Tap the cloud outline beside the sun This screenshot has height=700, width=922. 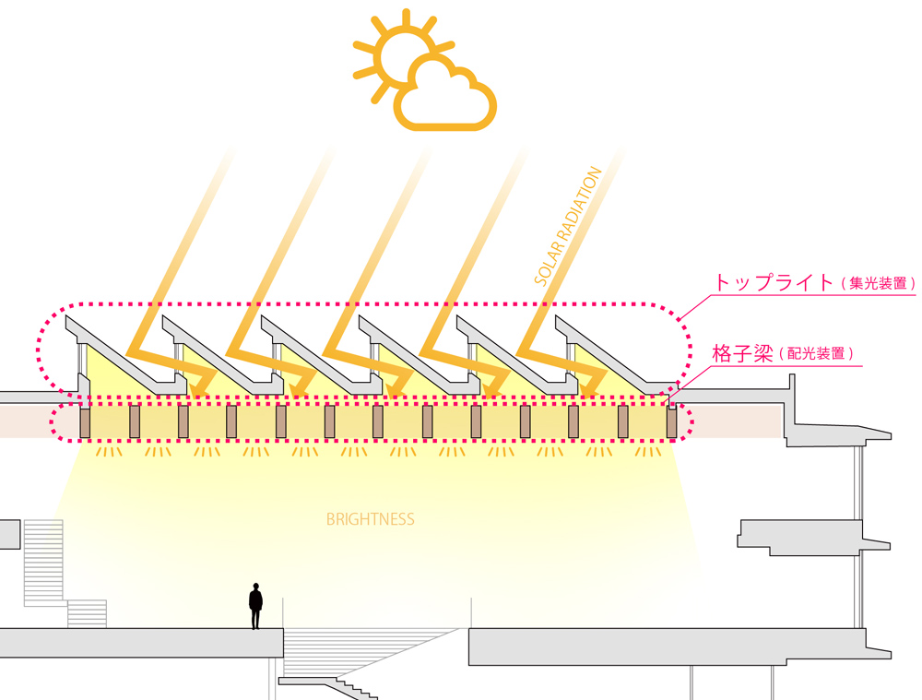(446, 95)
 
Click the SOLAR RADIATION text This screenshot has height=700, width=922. (568, 225)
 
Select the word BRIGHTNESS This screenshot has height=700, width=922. (371, 520)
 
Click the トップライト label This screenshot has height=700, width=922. (773, 283)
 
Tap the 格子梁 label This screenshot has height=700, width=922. (742, 353)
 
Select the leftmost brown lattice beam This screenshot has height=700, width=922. (86, 422)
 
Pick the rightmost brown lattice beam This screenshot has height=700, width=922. (671, 422)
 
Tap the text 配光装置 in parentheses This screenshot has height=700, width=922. (817, 354)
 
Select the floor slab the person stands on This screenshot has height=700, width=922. (138, 642)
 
